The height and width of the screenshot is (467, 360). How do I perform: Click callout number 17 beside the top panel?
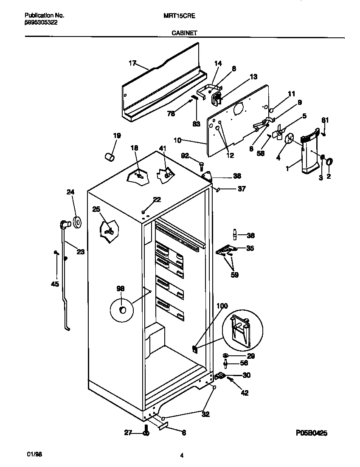(x=132, y=63)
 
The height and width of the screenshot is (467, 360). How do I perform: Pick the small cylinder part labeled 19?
(x=110, y=157)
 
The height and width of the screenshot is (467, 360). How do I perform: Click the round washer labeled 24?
(x=77, y=222)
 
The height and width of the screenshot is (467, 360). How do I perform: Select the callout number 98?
(x=121, y=288)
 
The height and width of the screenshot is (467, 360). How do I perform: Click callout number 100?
(x=222, y=306)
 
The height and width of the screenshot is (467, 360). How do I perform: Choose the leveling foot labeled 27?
(x=146, y=433)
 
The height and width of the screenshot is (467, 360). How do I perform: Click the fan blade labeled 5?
(x=278, y=133)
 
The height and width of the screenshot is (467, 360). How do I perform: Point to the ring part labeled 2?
(x=329, y=162)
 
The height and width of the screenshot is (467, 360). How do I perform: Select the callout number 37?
(x=241, y=189)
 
